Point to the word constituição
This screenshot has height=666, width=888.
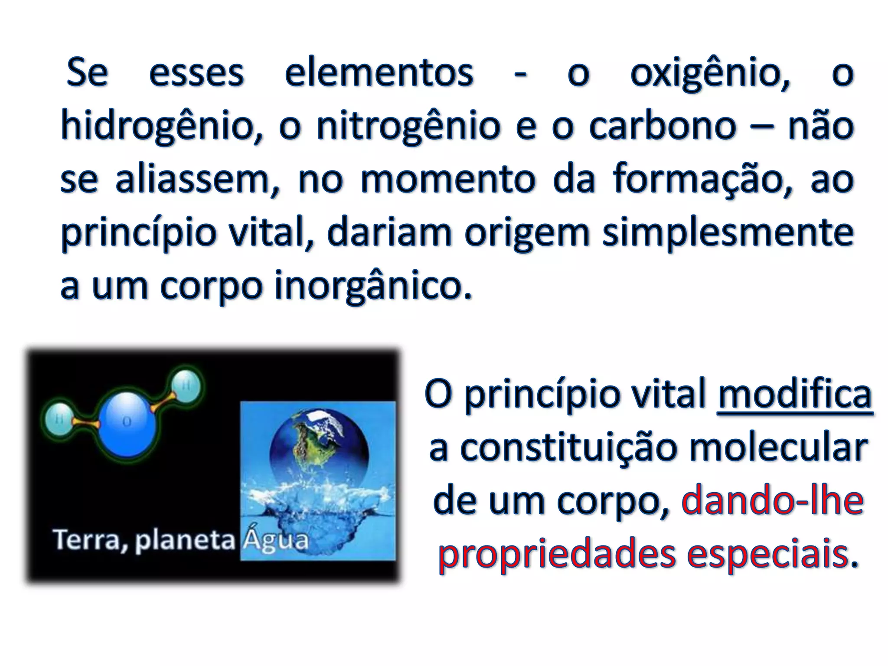tap(568, 448)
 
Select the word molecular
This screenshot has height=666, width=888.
tap(779, 448)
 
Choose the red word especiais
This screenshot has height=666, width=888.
tap(767, 555)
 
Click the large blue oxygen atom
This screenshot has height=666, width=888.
tap(126, 424)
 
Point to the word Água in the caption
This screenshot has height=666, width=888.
tap(275, 540)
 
